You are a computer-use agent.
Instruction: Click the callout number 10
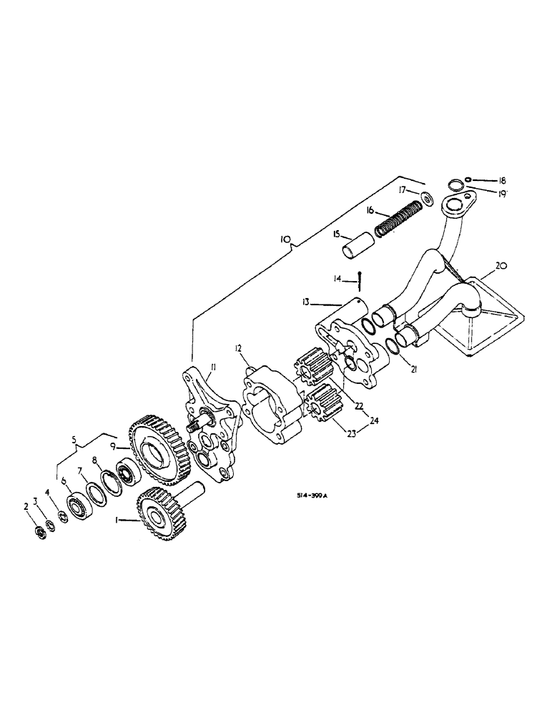(285, 242)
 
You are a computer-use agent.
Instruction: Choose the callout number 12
(238, 348)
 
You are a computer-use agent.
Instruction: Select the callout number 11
(212, 368)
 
